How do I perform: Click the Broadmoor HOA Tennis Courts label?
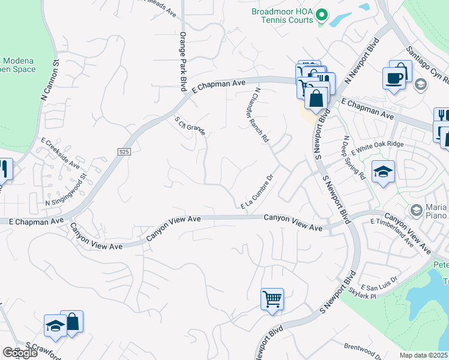tap(282, 16)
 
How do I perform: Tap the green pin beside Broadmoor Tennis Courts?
tap(322, 14)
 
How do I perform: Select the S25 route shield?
tap(124, 152)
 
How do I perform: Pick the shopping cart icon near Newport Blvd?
tap(272, 299)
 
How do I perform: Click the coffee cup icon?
tap(394, 78)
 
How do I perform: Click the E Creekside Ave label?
tap(59, 152)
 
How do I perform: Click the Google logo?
tap(20, 353)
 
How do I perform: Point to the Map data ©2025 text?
tap(423, 355)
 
